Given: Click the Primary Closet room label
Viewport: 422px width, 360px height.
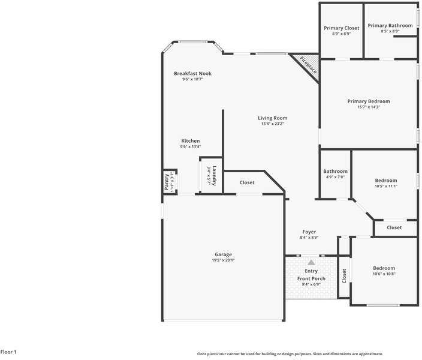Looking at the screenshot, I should [x=341, y=28].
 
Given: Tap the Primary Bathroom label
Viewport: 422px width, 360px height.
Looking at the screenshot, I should [x=390, y=25].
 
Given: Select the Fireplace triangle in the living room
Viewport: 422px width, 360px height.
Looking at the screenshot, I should [x=306, y=63].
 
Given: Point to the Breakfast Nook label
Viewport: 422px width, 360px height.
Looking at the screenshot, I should [x=192, y=73].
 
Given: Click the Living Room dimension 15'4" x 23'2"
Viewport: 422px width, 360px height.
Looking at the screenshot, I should [x=272, y=124].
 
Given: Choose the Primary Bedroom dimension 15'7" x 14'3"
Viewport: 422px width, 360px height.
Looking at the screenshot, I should [x=368, y=107].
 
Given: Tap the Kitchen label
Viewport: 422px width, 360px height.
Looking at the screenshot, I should [x=191, y=141].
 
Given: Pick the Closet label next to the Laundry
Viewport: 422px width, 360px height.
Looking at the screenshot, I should [x=247, y=182].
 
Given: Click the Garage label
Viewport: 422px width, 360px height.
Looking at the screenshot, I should [x=223, y=254].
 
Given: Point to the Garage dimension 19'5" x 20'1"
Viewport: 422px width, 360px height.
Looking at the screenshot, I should [x=223, y=260].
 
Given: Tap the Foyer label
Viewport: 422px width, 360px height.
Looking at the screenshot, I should [x=309, y=232].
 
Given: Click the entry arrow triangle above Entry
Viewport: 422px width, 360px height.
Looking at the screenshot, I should [x=311, y=262].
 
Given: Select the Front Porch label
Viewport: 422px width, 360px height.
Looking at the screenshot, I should [x=311, y=278].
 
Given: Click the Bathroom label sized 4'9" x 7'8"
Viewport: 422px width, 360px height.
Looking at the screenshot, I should [x=335, y=172].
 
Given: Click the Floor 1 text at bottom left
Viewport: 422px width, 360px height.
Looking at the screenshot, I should [x=8, y=352].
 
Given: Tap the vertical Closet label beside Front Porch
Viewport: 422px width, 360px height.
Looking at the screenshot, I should [x=344, y=276].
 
